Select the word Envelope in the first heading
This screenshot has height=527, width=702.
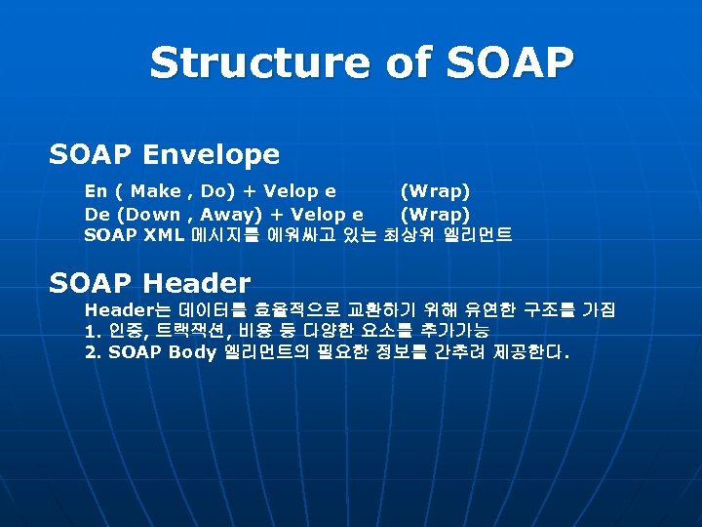[211, 154]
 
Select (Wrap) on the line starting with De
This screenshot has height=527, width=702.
[435, 214]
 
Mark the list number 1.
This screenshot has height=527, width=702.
[94, 331]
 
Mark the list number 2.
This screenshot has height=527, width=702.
[94, 352]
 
